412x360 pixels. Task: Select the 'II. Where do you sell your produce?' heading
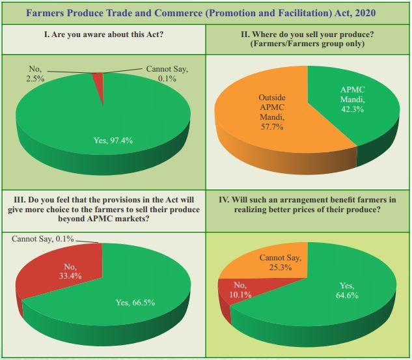pos(308,33)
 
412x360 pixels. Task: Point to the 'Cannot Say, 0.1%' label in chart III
pos(43,239)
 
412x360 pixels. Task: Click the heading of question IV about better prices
pos(308,205)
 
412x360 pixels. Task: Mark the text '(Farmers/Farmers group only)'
pos(308,44)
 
